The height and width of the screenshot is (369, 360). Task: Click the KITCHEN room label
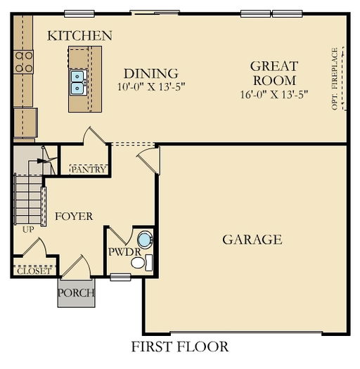[x=79, y=35]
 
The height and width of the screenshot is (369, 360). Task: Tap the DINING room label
[x=150, y=73]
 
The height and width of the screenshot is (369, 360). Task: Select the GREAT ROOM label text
[x=274, y=73]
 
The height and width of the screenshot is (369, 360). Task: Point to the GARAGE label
[x=252, y=240]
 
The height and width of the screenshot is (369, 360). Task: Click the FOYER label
[x=74, y=216]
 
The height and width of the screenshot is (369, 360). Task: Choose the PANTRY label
[x=89, y=169]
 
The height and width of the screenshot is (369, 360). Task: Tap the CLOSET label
[x=33, y=270]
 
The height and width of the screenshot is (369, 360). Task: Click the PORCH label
[x=76, y=293]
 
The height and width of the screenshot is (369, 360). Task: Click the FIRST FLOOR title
[x=179, y=346]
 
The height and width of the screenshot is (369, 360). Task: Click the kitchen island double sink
[x=77, y=82]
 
